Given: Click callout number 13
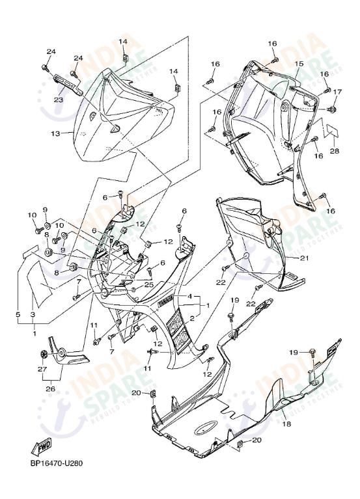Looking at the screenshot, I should click(55, 133).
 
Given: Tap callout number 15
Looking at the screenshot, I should click(299, 64).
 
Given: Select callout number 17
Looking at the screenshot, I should click(337, 92).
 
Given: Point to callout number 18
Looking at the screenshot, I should click(286, 424).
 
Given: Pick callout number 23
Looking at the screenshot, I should click(58, 100).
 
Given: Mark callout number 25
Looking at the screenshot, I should click(148, 284).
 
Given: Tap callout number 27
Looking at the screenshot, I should click(43, 369).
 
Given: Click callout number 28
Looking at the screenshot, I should click(335, 151).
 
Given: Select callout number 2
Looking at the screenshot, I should click(191, 319).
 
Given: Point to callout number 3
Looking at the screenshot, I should click(33, 314).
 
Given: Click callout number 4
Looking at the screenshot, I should click(190, 297).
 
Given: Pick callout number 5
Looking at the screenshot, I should click(18, 314).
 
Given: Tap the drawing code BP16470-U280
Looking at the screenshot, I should click(56, 464).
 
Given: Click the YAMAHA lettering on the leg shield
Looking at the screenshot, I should click(166, 301).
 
